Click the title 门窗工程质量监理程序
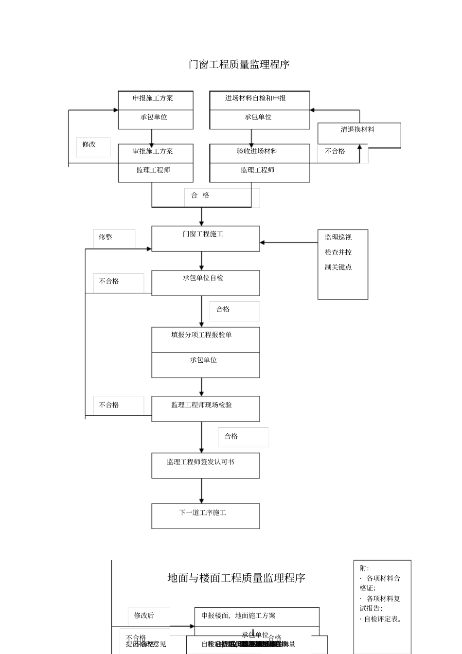239,64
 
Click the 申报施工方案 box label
153,98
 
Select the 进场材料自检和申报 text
255,98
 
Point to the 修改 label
89,144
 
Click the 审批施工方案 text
153,151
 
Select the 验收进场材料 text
257,151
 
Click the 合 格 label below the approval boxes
200,195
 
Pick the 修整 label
106,237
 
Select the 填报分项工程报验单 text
201,335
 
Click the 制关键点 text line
338,267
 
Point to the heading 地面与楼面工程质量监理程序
236,578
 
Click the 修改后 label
144,616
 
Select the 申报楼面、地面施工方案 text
239,616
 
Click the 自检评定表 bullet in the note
383,619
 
